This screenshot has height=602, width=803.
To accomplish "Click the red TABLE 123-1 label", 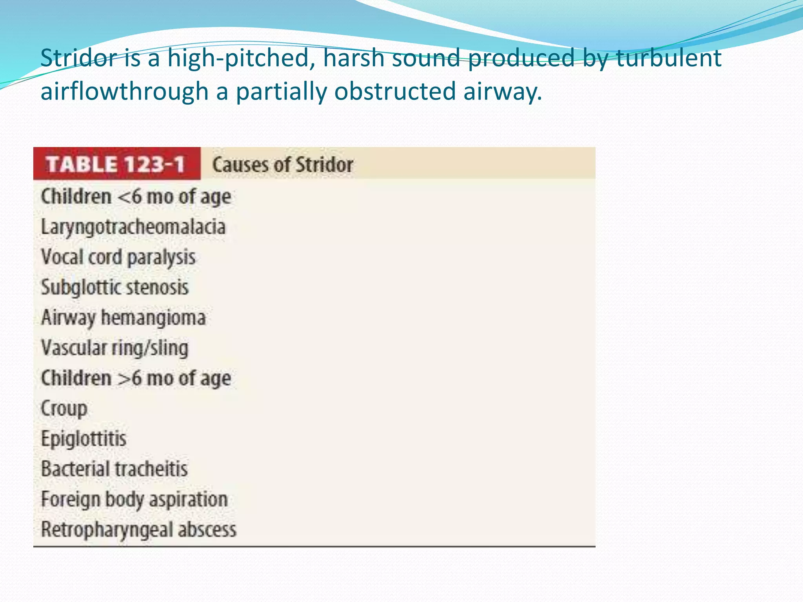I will tap(116, 164).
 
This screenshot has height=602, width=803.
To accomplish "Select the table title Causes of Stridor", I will tap(282, 165).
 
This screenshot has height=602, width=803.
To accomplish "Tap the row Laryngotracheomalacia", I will tap(133, 227).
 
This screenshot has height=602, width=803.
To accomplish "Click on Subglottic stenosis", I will tap(115, 288).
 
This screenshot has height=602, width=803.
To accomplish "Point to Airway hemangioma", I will tap(124, 318).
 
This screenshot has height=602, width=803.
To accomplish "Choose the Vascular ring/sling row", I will tap(115, 348).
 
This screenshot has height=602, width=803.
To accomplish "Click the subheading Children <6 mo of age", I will tap(136, 197).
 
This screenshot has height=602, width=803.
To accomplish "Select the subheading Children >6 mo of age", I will tap(136, 379).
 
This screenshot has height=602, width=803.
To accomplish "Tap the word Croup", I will tap(64, 409).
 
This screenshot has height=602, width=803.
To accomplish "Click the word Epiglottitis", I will tap(84, 439).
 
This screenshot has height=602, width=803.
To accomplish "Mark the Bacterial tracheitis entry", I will tap(114, 469).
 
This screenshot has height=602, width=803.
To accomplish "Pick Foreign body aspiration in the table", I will tap(134, 500).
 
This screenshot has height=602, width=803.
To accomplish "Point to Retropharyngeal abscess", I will tap(138, 530).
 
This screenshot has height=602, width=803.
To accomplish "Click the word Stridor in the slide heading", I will tap(79, 58).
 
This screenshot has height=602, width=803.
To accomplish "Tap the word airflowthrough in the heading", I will tap(124, 91).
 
